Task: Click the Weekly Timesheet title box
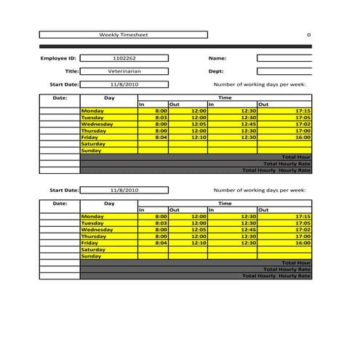coord(123,34)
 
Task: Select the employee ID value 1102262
coord(124,57)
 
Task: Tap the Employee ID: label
coord(58,57)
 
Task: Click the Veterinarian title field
coord(124,71)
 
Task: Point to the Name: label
coord(217,57)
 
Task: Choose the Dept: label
coord(216,71)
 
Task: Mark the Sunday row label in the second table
coord(92,256)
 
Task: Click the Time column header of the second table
coord(225,204)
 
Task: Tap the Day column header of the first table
coord(109,97)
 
